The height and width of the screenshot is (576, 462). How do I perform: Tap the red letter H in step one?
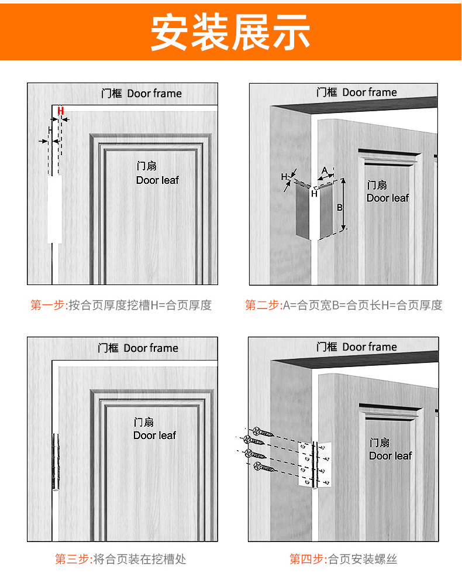tap(60, 110)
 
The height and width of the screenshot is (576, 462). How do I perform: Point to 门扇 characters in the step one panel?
tap(146, 167)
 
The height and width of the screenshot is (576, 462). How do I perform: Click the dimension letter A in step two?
tap(324, 170)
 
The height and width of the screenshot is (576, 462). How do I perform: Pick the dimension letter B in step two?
tap(339, 207)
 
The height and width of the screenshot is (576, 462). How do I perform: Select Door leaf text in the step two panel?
tap(388, 198)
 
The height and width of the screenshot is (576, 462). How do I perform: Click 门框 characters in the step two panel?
tap(327, 92)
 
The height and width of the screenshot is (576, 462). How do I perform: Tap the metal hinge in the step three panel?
tap(56, 462)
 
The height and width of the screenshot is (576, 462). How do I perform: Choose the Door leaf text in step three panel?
tap(154, 436)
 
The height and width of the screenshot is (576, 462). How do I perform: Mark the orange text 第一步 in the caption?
tap(48, 305)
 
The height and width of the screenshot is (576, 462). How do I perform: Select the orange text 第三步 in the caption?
tap(73, 559)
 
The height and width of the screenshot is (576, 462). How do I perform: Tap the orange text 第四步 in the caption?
tap(307, 559)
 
